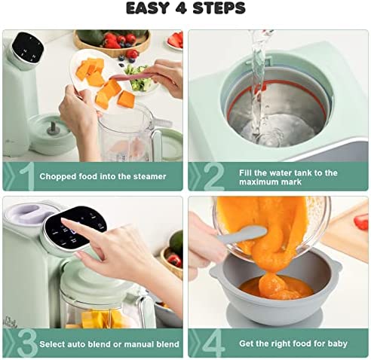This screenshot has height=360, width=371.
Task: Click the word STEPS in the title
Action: pyautogui.click(x=219, y=8)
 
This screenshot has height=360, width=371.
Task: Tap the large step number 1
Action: pyautogui.click(x=27, y=176)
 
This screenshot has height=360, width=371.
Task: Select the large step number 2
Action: pyautogui.click(x=213, y=176)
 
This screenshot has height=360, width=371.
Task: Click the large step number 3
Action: pyautogui.click(x=27, y=343)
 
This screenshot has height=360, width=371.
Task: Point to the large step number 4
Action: pyautogui.click(x=213, y=343)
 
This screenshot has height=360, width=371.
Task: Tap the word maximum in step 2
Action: pyautogui.click(x=258, y=182)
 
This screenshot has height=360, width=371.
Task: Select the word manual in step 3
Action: pyautogui.click(x=139, y=344)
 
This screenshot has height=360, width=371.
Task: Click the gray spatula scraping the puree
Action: pyautogui.click(x=241, y=234)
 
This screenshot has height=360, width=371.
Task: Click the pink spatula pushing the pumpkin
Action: pyautogui.click(x=134, y=76)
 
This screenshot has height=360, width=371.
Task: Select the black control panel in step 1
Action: pyautogui.click(x=28, y=48)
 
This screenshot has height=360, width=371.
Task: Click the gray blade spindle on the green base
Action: pyautogui.click(x=54, y=129)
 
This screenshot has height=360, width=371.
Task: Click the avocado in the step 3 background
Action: pyautogui.click(x=176, y=243)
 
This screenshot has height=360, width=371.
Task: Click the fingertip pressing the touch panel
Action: pyautogui.click(x=64, y=221)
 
